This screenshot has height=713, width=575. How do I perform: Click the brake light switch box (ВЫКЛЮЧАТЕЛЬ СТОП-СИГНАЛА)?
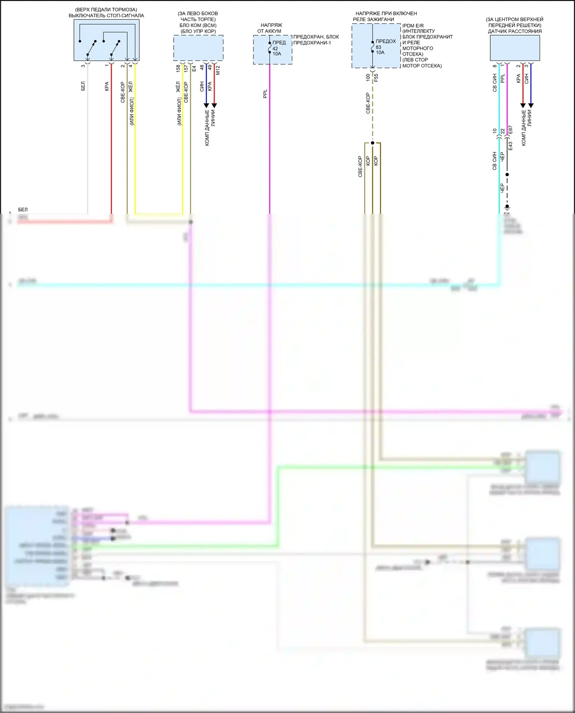coord(106,40)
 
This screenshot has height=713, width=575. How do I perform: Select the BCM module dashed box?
coord(198,48)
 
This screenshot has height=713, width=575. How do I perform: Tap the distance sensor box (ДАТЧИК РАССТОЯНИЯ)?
coord(515,48)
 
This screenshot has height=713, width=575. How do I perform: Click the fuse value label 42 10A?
coord(276,51)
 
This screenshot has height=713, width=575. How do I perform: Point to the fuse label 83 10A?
coord(379,50)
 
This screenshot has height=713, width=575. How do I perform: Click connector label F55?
coord(376,78)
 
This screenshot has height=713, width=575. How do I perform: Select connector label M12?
coord(218,70)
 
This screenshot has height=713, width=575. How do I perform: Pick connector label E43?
coord(510,146)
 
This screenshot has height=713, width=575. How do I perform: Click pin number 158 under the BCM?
coord(178,69)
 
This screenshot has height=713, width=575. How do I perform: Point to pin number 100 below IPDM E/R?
coord(368,77)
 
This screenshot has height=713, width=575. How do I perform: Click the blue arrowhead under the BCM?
coord(206,105)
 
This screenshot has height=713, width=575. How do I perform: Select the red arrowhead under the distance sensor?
coord(522,105)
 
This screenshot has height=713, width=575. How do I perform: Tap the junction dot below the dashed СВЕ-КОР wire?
coord(372,143)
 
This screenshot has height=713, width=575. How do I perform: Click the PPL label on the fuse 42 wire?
coord(265,94)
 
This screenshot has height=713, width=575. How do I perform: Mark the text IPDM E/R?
coord(413,26)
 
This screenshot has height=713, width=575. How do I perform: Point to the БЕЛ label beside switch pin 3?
coord(83,86)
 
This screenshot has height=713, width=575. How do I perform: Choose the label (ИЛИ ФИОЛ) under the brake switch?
coord(131,111)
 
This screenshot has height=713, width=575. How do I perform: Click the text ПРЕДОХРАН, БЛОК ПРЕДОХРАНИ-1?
coord(316,40)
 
